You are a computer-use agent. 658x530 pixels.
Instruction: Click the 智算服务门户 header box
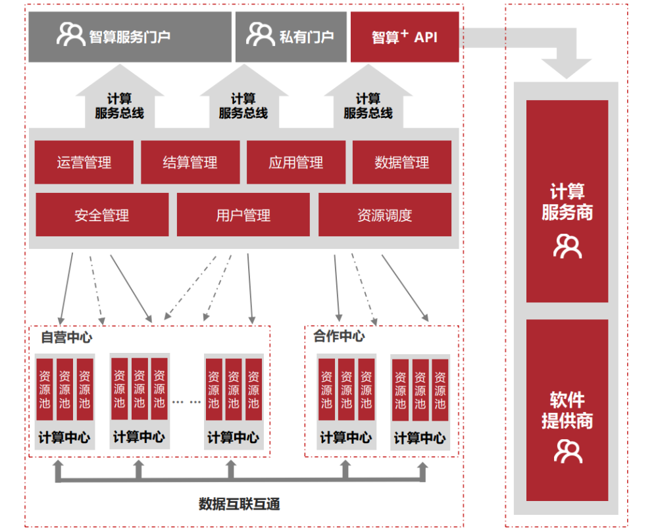(130, 37)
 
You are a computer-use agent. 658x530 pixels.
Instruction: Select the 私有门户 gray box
(291, 37)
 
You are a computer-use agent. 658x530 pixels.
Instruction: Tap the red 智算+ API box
(404, 37)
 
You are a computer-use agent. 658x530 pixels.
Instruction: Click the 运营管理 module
(84, 163)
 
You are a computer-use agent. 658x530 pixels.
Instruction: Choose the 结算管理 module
(190, 163)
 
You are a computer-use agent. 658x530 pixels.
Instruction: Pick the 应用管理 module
(296, 163)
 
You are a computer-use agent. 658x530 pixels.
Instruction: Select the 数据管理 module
(402, 163)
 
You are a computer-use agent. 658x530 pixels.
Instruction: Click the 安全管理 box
(102, 215)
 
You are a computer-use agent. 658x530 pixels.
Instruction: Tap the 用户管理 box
(243, 215)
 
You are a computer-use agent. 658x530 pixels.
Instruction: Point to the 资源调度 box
(385, 215)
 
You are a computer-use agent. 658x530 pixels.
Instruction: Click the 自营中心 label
(66, 338)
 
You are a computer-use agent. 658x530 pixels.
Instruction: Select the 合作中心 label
(339, 336)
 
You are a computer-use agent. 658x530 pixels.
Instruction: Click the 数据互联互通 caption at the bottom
(240, 504)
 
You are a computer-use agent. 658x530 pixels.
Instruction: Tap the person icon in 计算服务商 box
(567, 246)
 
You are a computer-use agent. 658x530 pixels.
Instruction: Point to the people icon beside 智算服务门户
(70, 34)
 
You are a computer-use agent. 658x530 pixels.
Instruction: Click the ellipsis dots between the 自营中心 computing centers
(187, 400)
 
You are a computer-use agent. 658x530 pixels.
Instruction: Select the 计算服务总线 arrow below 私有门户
(243, 99)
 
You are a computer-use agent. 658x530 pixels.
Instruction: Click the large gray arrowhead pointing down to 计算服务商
(566, 66)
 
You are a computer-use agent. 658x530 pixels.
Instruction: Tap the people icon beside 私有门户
(260, 34)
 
